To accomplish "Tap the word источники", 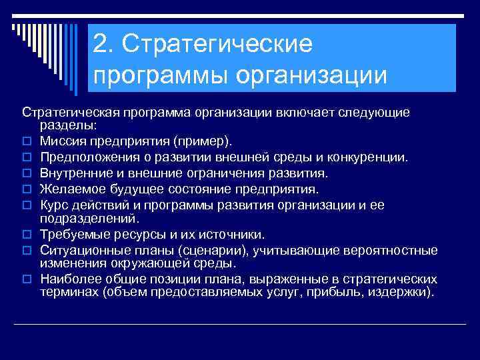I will (227, 234).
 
